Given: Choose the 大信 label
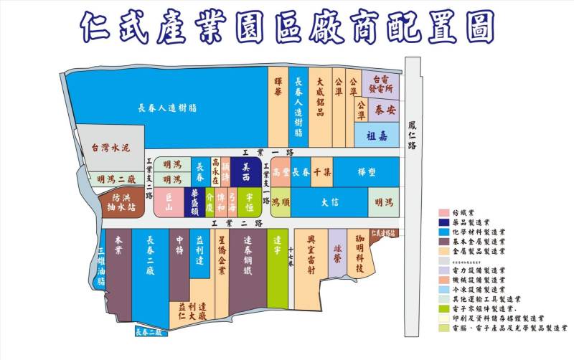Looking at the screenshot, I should coord(329,202).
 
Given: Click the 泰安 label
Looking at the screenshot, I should coord(385,110).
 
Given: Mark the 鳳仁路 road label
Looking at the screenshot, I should coord(412,136).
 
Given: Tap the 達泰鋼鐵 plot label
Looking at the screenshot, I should coord(248,257).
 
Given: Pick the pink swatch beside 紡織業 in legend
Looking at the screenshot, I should coord(445,213).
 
